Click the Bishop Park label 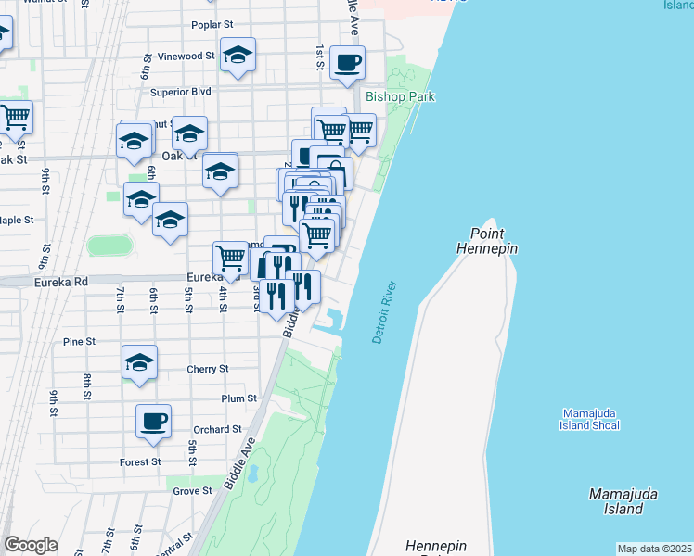click(x=400, y=96)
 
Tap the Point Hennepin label click(x=487, y=241)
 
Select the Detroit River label click(x=384, y=311)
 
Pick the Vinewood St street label click(x=186, y=57)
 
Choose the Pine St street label click(x=80, y=342)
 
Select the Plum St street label click(x=238, y=398)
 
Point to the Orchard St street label click(x=217, y=429)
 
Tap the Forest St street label click(x=140, y=461)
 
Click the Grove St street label click(x=193, y=491)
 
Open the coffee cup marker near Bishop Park click(x=347, y=62)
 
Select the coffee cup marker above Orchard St click(x=154, y=422)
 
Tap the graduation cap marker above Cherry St click(x=140, y=362)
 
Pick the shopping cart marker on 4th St click(x=230, y=258)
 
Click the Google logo click(x=31, y=545)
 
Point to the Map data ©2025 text click(x=654, y=549)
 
